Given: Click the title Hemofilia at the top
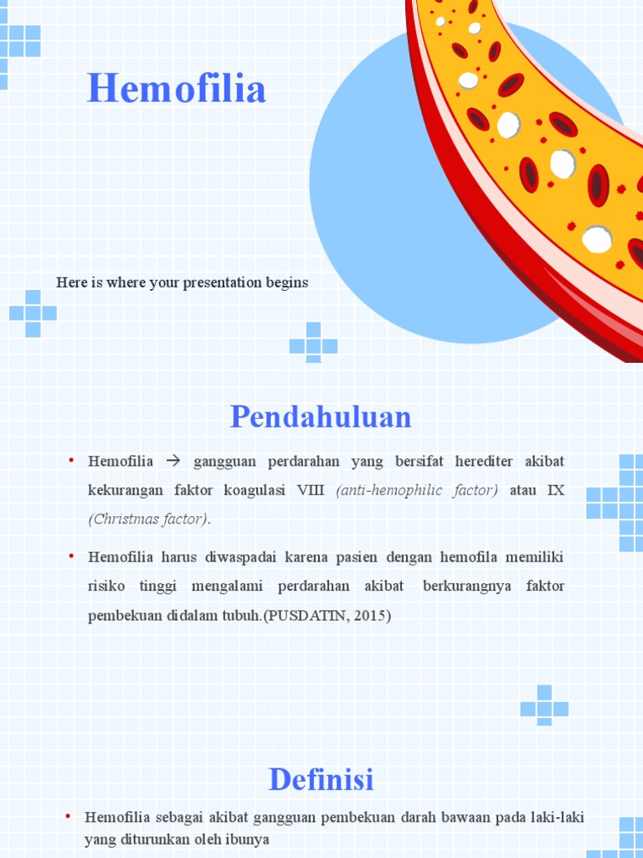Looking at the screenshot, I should [x=177, y=89].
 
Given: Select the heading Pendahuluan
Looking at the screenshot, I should [x=321, y=416].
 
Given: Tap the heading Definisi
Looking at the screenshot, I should [x=321, y=779].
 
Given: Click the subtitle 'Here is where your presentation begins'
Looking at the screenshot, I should [x=183, y=282].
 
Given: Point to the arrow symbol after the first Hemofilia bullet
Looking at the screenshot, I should [x=173, y=462].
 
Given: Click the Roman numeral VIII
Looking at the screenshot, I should [x=310, y=490].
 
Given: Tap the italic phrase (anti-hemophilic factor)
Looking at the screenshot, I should [x=417, y=490].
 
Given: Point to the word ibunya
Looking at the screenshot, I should [x=247, y=839].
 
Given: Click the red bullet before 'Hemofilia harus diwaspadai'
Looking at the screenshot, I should [x=72, y=556].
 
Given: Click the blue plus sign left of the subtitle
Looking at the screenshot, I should [x=33, y=313].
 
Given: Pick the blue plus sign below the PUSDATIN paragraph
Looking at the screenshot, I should [x=544, y=706].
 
